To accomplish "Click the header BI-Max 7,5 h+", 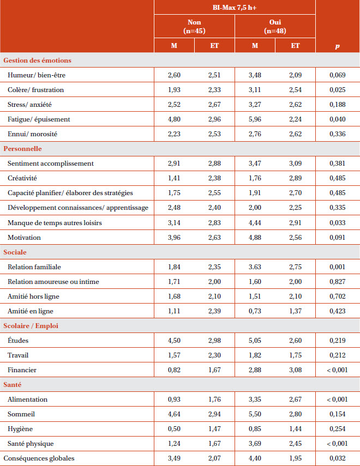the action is tap(235, 8).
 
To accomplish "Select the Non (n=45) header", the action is tap(194, 27).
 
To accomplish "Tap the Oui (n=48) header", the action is tap(275, 27).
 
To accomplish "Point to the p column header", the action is tap(338, 46).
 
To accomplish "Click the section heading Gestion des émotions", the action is tap(38, 60).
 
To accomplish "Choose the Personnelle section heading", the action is tap(22, 149).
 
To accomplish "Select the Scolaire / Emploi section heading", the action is tap(31, 326).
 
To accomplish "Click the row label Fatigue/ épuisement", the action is tap(39, 119).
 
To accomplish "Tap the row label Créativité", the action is tap(22, 178).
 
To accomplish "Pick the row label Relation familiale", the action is tap(34, 267).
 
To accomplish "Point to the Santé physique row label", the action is tap(31, 444).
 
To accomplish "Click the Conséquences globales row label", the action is tap(39, 458).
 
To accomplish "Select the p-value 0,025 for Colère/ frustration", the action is tap(338, 90).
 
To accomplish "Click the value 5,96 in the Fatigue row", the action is tap(255, 119).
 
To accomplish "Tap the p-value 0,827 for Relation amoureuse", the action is tap(338, 282).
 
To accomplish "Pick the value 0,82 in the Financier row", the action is tap(174, 370).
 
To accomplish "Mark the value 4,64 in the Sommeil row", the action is tap(174, 414).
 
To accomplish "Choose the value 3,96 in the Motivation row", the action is tap(174, 238).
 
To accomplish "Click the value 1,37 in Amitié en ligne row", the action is tap(296, 311).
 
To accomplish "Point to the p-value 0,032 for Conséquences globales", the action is tap(338, 458).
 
